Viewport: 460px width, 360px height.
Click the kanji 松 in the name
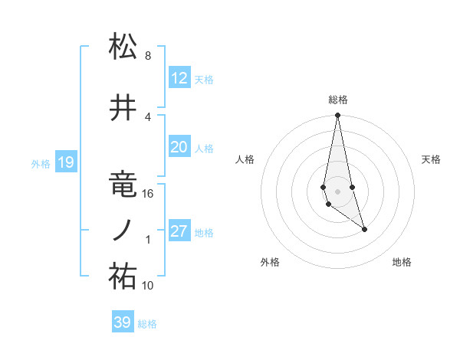pos(123,47)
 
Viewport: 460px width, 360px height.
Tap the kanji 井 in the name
pos(123,110)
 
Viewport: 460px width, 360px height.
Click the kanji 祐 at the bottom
pos(123,278)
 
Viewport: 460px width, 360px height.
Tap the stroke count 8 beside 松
pos(147,56)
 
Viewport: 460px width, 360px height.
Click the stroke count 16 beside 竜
pos(148,194)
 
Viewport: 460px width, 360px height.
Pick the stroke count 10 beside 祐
pos(149,286)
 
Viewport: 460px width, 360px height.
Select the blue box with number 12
pos(179,78)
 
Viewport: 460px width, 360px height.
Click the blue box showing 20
pos(179,148)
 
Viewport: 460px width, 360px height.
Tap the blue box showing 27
pos(179,231)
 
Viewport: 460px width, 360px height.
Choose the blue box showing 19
pos(65,162)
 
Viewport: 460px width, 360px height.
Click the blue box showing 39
pos(123,322)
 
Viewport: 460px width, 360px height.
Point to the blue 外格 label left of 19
pos(41,163)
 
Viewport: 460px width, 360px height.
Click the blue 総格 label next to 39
pos(147,324)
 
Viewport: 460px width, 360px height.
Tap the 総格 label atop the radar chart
pos(337,100)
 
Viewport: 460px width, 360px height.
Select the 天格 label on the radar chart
pos(431,159)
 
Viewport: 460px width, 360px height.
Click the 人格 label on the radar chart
pos(245,159)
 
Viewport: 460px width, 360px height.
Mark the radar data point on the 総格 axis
pos(337,115)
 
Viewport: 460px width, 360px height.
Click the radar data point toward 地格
pos(364,229)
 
